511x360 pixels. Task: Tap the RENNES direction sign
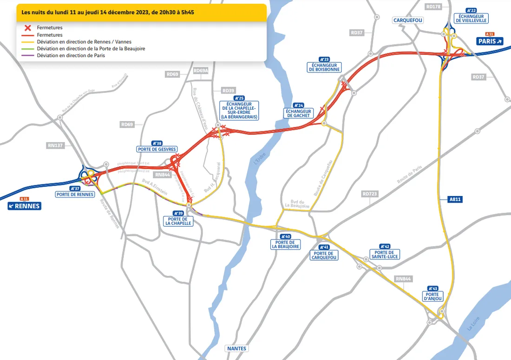pos(24,206)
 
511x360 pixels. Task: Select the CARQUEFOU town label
pos(408,20)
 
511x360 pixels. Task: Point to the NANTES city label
pos(237,348)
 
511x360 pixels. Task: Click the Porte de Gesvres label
pos(157,149)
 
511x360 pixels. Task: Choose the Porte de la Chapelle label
pos(178,221)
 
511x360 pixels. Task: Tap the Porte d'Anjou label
pos(432,296)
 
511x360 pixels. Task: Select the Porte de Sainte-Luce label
pos(385,254)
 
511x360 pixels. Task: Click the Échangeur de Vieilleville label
pos(471,18)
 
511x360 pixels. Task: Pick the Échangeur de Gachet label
pos(298,113)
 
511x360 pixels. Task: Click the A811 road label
pos(456,199)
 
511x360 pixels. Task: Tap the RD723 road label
pos(370,194)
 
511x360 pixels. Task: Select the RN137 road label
pos(55,145)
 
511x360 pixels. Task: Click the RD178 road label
pos(432,7)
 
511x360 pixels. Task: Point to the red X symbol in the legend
pos(27,28)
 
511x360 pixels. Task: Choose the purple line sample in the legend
pos(27,56)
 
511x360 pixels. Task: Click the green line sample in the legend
pos(27,49)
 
